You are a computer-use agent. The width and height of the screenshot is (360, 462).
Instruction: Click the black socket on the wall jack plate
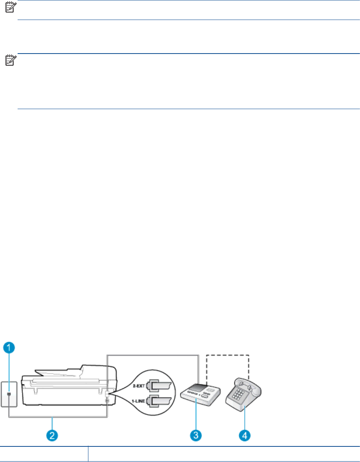click(9, 394)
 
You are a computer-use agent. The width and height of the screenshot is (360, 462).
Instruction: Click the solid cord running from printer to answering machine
click(152, 354)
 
